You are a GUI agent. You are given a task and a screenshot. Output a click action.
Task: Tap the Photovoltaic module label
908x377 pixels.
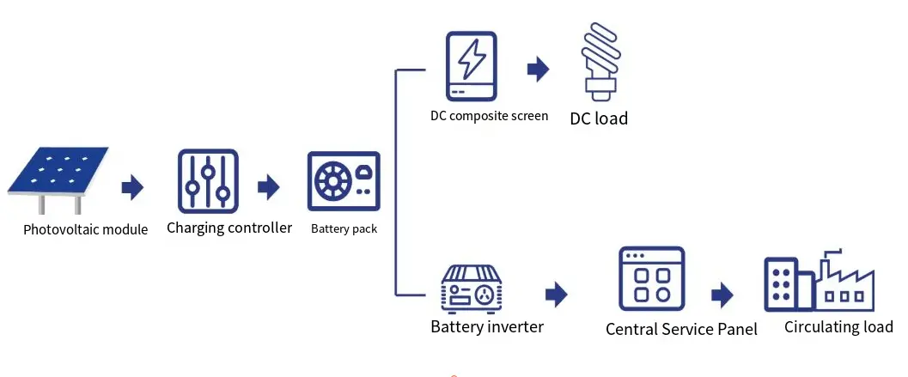tap(85, 229)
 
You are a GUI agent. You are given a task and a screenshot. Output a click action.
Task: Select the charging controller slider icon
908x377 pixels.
tap(207, 181)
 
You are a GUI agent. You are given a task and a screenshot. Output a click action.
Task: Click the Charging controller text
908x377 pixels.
tap(229, 228)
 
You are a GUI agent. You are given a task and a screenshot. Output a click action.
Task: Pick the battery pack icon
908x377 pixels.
tap(344, 182)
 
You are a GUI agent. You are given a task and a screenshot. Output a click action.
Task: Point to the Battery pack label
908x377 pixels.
tap(344, 229)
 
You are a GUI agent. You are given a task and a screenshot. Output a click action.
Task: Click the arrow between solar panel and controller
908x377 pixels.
tap(132, 187)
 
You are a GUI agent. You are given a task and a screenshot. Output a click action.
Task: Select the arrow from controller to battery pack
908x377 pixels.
tap(269, 186)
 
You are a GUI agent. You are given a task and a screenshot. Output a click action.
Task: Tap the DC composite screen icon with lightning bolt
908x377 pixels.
tap(471, 67)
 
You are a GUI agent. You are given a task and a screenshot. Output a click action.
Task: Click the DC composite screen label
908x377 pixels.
tap(489, 116)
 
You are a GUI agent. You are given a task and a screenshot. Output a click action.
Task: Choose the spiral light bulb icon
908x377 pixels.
tap(600, 58)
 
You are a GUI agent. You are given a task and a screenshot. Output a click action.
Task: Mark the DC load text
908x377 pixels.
tap(599, 119)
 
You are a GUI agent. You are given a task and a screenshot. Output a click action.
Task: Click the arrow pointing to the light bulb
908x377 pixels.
tap(538, 70)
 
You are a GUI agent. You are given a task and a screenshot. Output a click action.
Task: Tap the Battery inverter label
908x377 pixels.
tap(486, 326)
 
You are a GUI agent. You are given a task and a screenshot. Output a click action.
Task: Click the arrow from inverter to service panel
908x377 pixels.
tap(557, 295)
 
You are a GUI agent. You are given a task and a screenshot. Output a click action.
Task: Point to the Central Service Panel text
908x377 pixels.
tap(681, 330)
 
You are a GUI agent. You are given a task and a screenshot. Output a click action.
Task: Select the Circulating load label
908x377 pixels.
tap(838, 327)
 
